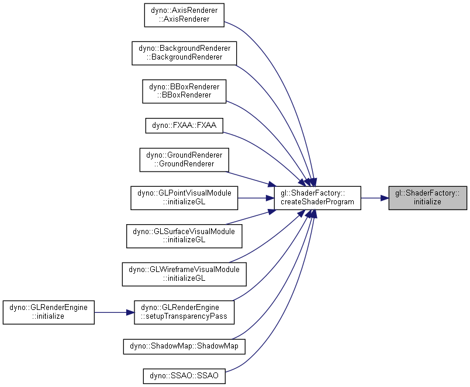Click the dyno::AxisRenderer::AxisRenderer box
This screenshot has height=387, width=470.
tap(184, 15)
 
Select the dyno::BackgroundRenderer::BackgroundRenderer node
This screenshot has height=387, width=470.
tap(184, 53)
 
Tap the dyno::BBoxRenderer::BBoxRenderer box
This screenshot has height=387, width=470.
tap(184, 91)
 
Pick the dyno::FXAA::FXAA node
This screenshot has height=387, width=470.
tap(184, 125)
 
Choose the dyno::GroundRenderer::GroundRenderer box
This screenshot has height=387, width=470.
tap(184, 159)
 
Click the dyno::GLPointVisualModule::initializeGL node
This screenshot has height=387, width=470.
tap(184, 198)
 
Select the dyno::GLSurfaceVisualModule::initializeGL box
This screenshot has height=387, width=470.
tap(184, 236)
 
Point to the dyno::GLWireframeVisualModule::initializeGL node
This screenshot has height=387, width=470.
tap(184, 274)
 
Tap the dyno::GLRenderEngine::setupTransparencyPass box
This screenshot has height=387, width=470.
tap(184, 312)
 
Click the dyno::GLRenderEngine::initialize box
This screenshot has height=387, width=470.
tap(49, 312)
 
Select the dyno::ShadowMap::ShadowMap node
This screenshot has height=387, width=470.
tap(184, 346)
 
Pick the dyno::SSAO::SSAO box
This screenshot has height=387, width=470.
tap(184, 376)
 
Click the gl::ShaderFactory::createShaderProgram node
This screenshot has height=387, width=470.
tap(317, 198)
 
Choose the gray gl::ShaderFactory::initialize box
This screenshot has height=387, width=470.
tap(428, 198)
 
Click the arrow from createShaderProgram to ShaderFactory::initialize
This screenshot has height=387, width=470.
tap(375, 198)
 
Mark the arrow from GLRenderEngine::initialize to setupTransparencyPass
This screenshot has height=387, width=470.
tap(114, 312)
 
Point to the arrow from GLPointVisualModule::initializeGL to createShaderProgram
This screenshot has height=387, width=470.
tap(256, 198)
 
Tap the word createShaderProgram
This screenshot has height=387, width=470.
tap(317, 202)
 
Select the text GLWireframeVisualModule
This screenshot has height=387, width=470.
tap(195, 270)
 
